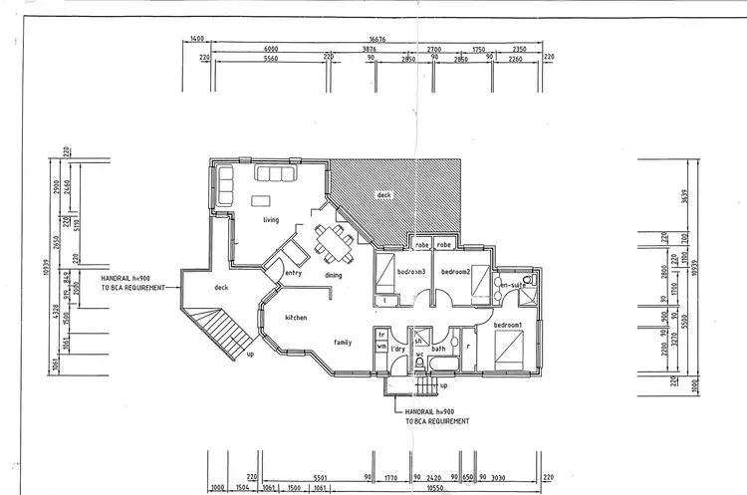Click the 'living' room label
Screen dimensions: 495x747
point(271,220)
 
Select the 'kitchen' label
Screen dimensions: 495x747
point(296,318)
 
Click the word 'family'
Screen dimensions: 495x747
point(343,342)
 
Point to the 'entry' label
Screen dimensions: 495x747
point(294,273)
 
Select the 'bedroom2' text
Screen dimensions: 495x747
point(455,272)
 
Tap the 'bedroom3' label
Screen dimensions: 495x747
point(411,272)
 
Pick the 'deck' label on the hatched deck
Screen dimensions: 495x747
point(383,195)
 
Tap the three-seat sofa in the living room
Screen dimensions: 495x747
point(275,174)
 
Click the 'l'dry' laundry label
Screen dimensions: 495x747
point(397,349)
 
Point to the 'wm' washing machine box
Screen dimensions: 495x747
point(381,347)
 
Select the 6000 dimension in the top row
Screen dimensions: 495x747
point(271,49)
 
